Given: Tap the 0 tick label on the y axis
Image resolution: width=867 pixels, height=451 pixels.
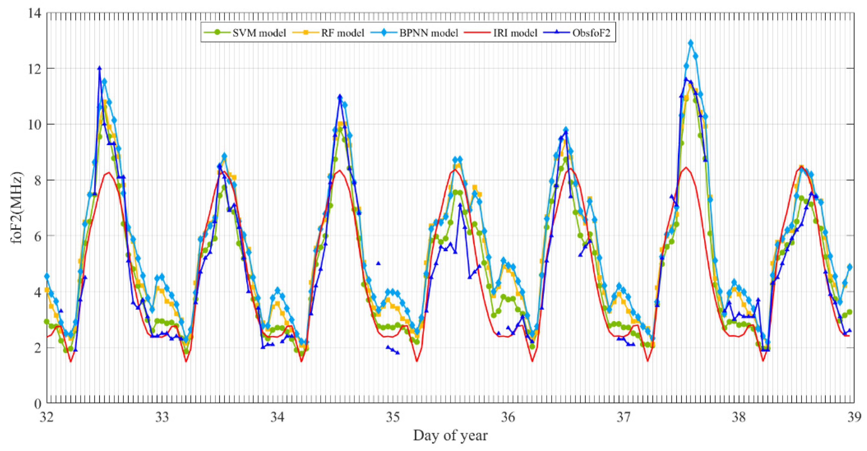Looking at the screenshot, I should pyautogui.click(x=37, y=403).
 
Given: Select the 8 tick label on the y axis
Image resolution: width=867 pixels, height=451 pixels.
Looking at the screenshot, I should pyautogui.click(x=37, y=180).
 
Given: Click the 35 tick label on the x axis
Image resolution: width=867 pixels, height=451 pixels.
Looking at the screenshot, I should pyautogui.click(x=393, y=417).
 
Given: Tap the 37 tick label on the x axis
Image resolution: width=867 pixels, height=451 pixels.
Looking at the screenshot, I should pyautogui.click(x=623, y=417).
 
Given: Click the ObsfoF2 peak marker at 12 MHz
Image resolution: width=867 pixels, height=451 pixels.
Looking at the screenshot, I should pyautogui.click(x=99, y=68).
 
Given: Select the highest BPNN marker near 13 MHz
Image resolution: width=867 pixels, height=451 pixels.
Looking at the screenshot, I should pyautogui.click(x=691, y=43).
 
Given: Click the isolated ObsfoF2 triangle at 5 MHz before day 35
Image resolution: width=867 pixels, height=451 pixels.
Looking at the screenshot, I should pyautogui.click(x=378, y=263).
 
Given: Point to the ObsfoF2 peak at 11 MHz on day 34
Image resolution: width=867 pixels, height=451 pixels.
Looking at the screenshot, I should pyautogui.click(x=340, y=96).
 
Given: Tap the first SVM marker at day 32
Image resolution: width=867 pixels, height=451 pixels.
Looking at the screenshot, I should pyautogui.click(x=47, y=321).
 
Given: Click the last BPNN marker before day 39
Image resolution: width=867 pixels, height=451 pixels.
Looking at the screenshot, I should pyautogui.click(x=850, y=267).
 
